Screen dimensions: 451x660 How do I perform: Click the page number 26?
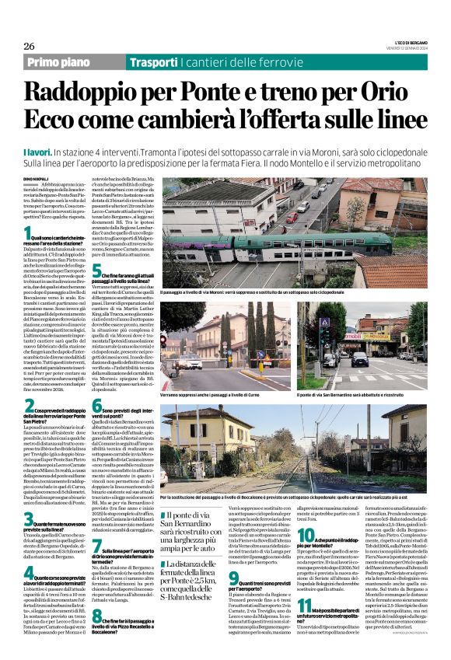coord(29,46)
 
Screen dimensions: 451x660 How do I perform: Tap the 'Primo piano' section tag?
coord(59,62)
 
